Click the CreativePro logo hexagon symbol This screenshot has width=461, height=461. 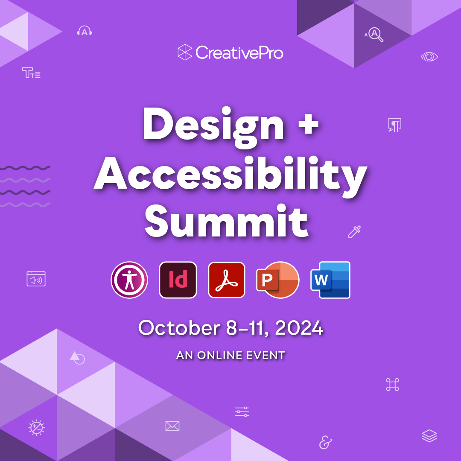pyautogui.click(x=185, y=52)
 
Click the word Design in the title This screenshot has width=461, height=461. pyautogui.click(x=213, y=124)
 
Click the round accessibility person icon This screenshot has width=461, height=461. pyautogui.click(x=129, y=280)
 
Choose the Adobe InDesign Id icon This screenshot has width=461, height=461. pyautogui.click(x=178, y=280)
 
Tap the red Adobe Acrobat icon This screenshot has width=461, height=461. pyautogui.click(x=227, y=280)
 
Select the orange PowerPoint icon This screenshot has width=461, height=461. pyautogui.click(x=277, y=280)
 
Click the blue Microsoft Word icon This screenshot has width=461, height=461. pyautogui.click(x=330, y=280)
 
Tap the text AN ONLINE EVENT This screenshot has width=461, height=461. pyautogui.click(x=230, y=355)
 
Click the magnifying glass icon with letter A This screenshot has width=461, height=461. pyautogui.click(x=375, y=34)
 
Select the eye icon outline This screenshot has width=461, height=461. pyautogui.click(x=430, y=57)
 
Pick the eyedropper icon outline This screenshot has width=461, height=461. pyautogui.click(x=354, y=232)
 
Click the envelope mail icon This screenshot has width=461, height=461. pyautogui.click(x=172, y=426)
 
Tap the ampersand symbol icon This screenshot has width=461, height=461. pyautogui.click(x=325, y=443)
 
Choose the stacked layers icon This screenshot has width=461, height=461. pyautogui.click(x=429, y=436)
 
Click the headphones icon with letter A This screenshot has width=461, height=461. pyautogui.click(x=85, y=31)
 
